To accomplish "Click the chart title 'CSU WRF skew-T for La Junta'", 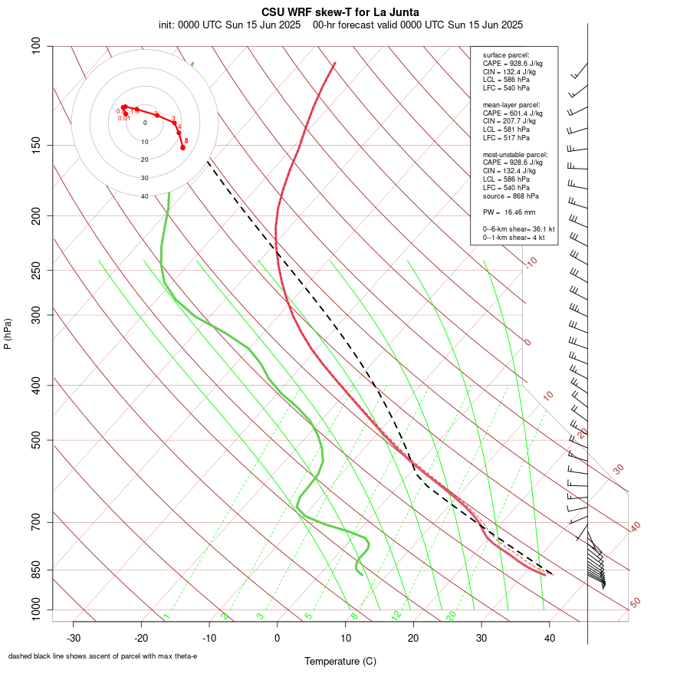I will point(340,12).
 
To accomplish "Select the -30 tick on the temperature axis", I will point(74,638).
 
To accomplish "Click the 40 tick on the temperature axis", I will point(549,638).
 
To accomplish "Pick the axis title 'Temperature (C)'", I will point(340,661).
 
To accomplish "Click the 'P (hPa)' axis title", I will point(8,333).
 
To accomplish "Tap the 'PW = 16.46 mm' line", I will point(509,212).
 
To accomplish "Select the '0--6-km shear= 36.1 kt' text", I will point(519,228).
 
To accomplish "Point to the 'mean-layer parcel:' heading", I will point(511,104).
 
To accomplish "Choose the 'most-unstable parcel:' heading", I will point(515,154).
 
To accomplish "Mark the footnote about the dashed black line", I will point(103,656).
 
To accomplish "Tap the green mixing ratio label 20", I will point(452,615).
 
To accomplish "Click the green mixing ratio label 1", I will point(166,616).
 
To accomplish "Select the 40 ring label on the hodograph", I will point(144,196).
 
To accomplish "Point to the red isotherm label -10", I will point(531,262).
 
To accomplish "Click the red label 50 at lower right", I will point(635,603).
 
